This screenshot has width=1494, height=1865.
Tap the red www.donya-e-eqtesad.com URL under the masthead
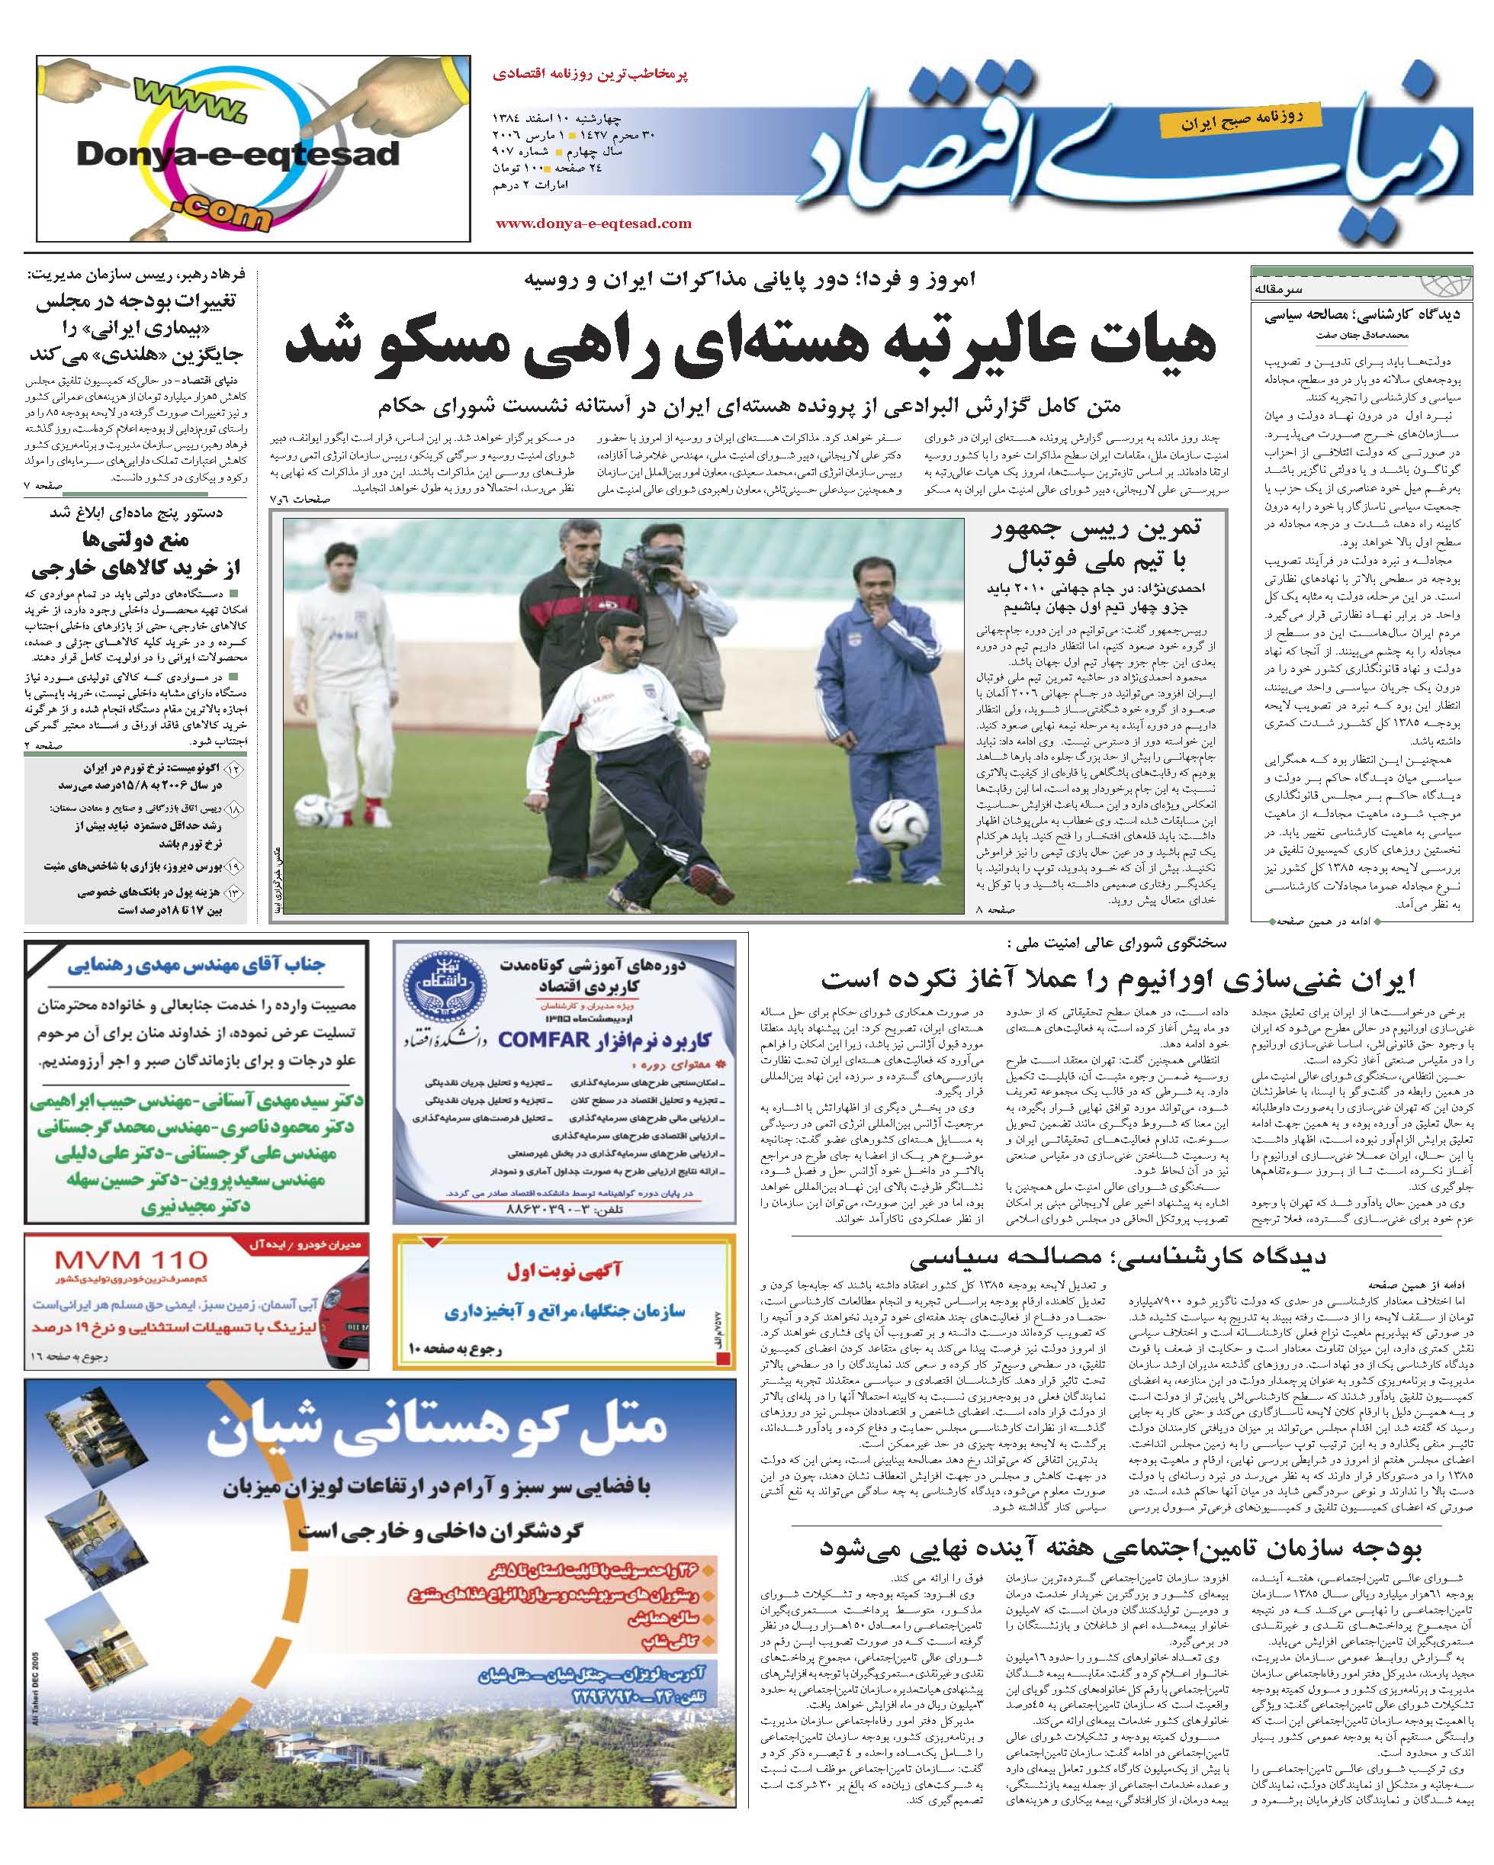tap(593, 223)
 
